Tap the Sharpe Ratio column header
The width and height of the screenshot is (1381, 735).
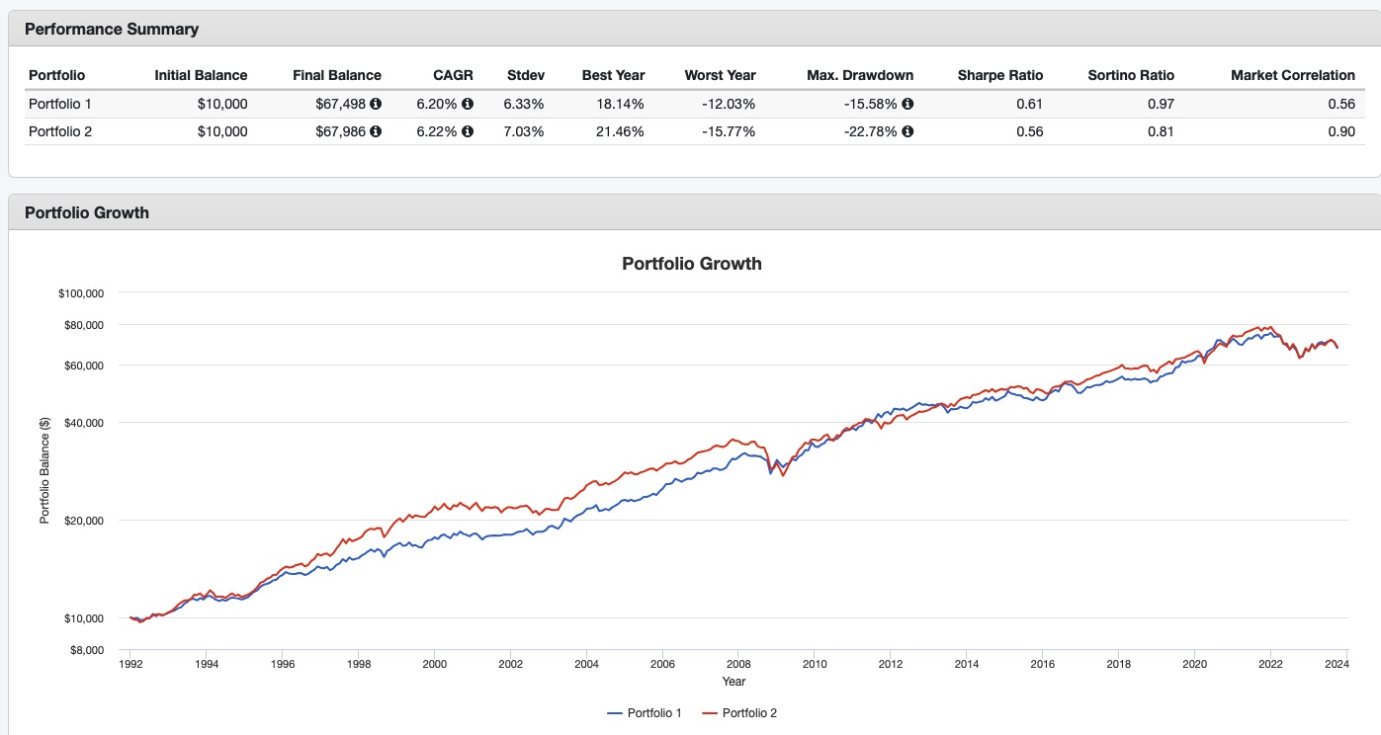point(999,75)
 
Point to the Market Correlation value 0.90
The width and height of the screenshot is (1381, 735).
point(1341,131)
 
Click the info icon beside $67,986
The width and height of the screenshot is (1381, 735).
point(376,131)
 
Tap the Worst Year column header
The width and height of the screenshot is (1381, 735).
point(720,75)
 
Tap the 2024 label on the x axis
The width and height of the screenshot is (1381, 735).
point(1337,665)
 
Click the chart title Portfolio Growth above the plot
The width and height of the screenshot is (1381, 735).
point(691,264)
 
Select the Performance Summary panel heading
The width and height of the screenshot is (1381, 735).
point(112,29)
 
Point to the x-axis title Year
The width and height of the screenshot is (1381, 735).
point(734,682)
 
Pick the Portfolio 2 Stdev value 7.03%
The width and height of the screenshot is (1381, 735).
point(524,131)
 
